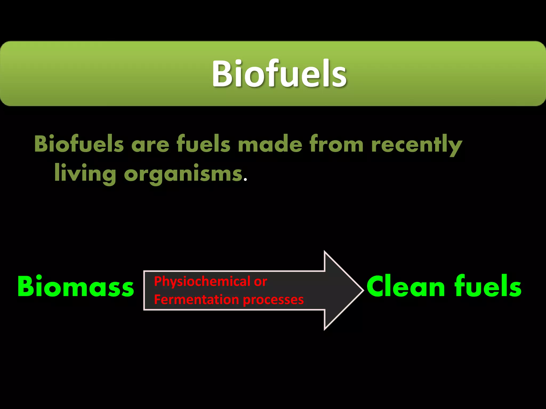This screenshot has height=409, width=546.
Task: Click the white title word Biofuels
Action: tap(279, 74)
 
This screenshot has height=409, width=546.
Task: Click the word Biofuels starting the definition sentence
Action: tap(79, 144)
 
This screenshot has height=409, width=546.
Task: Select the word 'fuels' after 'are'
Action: tap(203, 144)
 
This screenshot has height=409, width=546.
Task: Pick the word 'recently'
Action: tap(416, 145)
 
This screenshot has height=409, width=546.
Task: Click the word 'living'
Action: tap(85, 174)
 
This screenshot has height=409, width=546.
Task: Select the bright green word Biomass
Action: tap(75, 287)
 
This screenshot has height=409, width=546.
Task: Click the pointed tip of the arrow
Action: tap(362, 290)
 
